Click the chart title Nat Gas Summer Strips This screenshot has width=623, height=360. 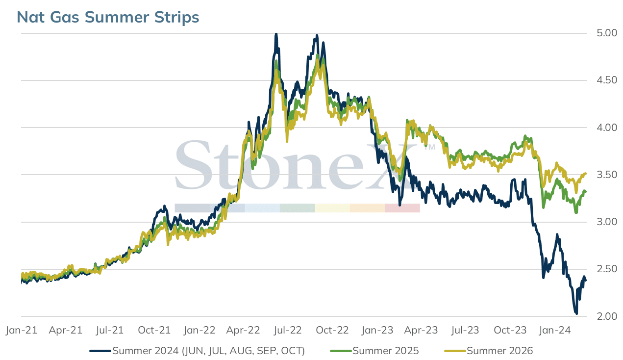tap(108, 17)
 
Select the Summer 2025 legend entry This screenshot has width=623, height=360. tap(374, 351)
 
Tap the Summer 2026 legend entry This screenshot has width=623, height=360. tap(488, 351)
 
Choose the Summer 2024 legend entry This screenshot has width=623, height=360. tap(197, 351)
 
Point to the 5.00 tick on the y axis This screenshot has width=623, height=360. tap(607, 33)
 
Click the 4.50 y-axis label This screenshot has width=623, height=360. tap(607, 80)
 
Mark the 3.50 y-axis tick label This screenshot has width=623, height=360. tap(607, 175)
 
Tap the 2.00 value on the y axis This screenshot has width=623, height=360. tap(607, 316)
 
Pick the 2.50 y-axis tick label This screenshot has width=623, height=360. tap(607, 269)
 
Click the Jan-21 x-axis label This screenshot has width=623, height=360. tap(22, 330)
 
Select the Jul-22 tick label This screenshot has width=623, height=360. tap(288, 330)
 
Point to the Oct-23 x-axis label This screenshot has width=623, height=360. tap(510, 330)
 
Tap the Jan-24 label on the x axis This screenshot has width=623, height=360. tap(554, 330)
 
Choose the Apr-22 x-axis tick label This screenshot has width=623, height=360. tap(243, 330)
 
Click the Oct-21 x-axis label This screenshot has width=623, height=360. tap(154, 330)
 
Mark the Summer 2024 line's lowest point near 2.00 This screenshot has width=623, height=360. tap(576, 313)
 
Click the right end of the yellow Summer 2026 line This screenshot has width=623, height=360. tap(586, 174)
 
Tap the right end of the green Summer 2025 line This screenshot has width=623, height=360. tap(586, 191)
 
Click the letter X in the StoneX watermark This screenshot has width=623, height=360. tap(395, 165)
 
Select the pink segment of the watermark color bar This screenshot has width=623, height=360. tap(402, 208)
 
